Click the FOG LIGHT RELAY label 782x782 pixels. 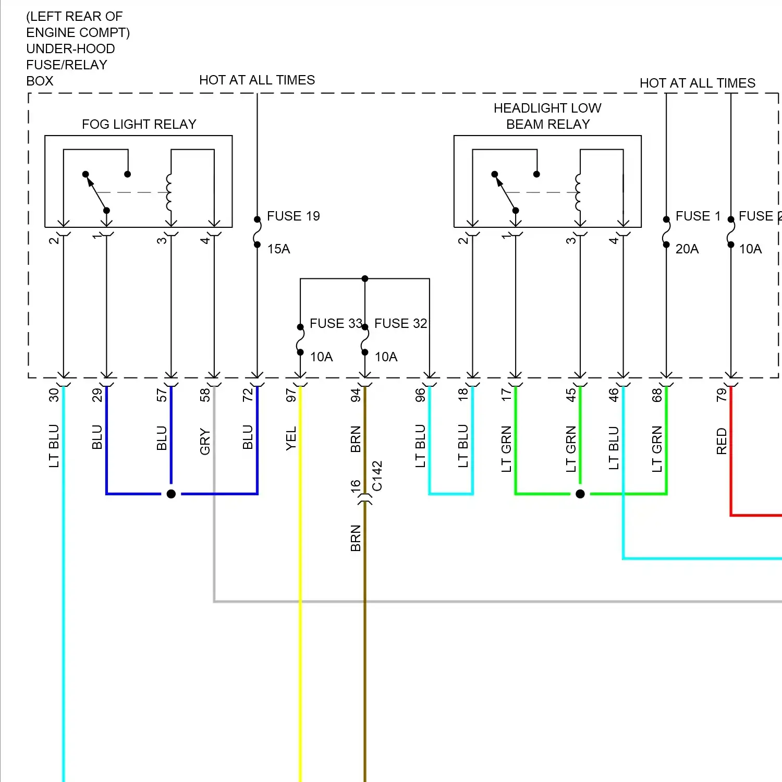pos(139,124)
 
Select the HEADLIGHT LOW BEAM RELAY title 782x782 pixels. pos(547,116)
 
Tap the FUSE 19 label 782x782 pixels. pos(293,216)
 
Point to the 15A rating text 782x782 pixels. pos(278,249)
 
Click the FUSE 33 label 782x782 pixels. pos(335,323)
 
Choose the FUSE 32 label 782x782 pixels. pos(400,323)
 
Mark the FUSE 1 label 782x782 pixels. pos(698,216)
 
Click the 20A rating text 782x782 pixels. pos(687,249)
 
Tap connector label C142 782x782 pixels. pos(377,475)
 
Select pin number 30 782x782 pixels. pos(54,395)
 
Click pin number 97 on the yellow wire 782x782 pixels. pos(291,395)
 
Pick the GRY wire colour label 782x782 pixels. pos(205,442)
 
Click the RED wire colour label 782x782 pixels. pos(722,441)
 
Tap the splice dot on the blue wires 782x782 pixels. pos(171,494)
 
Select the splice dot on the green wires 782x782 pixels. pos(580,494)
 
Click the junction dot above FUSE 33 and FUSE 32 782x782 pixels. pos(365,279)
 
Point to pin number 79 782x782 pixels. pos(722,395)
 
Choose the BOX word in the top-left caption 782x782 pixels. pos(40,81)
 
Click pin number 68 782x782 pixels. pos(657,395)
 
